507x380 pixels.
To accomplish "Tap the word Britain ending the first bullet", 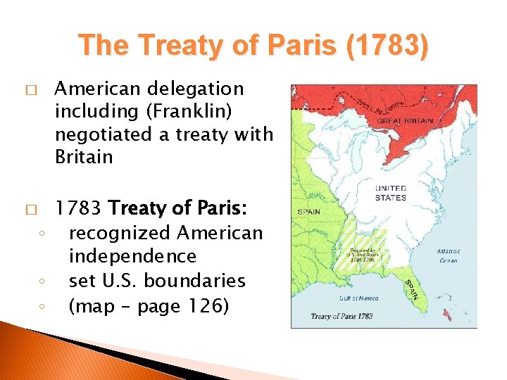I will [84, 156].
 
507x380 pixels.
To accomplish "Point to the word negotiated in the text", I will [101, 134].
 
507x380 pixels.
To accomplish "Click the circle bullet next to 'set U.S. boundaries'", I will [42, 282].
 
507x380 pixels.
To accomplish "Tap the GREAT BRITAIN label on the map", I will [405, 120].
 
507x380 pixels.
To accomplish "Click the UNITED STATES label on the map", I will [391, 193].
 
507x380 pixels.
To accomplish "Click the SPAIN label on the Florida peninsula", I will [411, 289].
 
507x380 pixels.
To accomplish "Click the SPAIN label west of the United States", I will [308, 211].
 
